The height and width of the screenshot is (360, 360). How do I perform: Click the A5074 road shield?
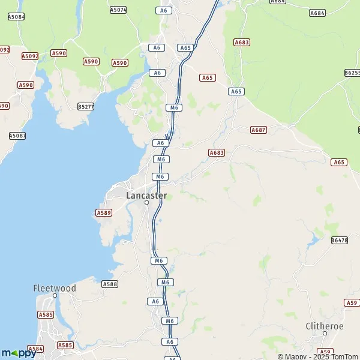click(x=118, y=10)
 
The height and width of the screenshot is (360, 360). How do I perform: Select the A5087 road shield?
click(x=17, y=136)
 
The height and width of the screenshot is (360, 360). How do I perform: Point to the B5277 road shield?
click(x=86, y=107)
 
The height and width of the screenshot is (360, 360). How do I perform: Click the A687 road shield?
click(x=259, y=130)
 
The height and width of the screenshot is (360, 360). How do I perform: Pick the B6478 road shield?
click(x=339, y=240)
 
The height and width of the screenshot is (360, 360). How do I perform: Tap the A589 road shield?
click(x=104, y=213)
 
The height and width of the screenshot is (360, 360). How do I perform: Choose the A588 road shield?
click(x=110, y=284)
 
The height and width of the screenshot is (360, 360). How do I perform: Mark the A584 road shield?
click(x=35, y=349)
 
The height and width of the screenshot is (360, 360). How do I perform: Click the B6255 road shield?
click(x=353, y=73)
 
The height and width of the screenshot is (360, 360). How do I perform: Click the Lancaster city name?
click(x=146, y=196)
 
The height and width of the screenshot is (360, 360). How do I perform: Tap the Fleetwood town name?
click(x=55, y=289)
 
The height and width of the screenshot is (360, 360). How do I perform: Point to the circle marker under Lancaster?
click(x=146, y=203)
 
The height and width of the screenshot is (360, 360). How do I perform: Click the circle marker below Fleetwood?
click(x=55, y=296)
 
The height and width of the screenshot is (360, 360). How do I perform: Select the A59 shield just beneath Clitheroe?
click(x=325, y=352)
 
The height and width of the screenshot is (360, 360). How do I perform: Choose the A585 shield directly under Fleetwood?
click(x=46, y=314)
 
